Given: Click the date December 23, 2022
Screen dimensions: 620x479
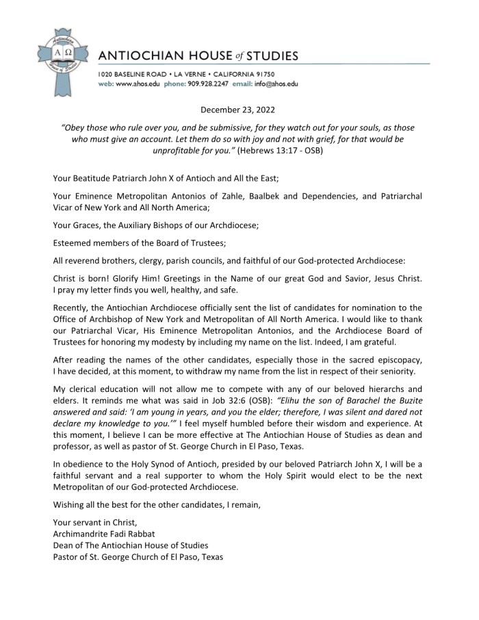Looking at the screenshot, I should [237, 110].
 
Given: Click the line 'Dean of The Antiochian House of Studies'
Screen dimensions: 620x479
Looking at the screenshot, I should [130, 546].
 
